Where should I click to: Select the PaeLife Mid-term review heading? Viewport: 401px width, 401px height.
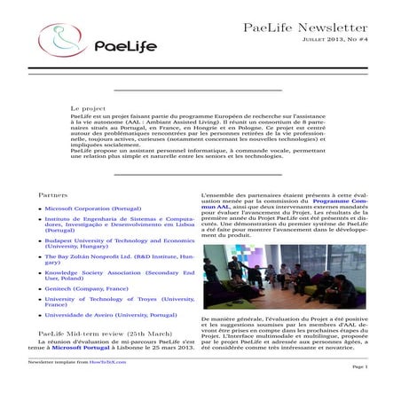tap(106, 334)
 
